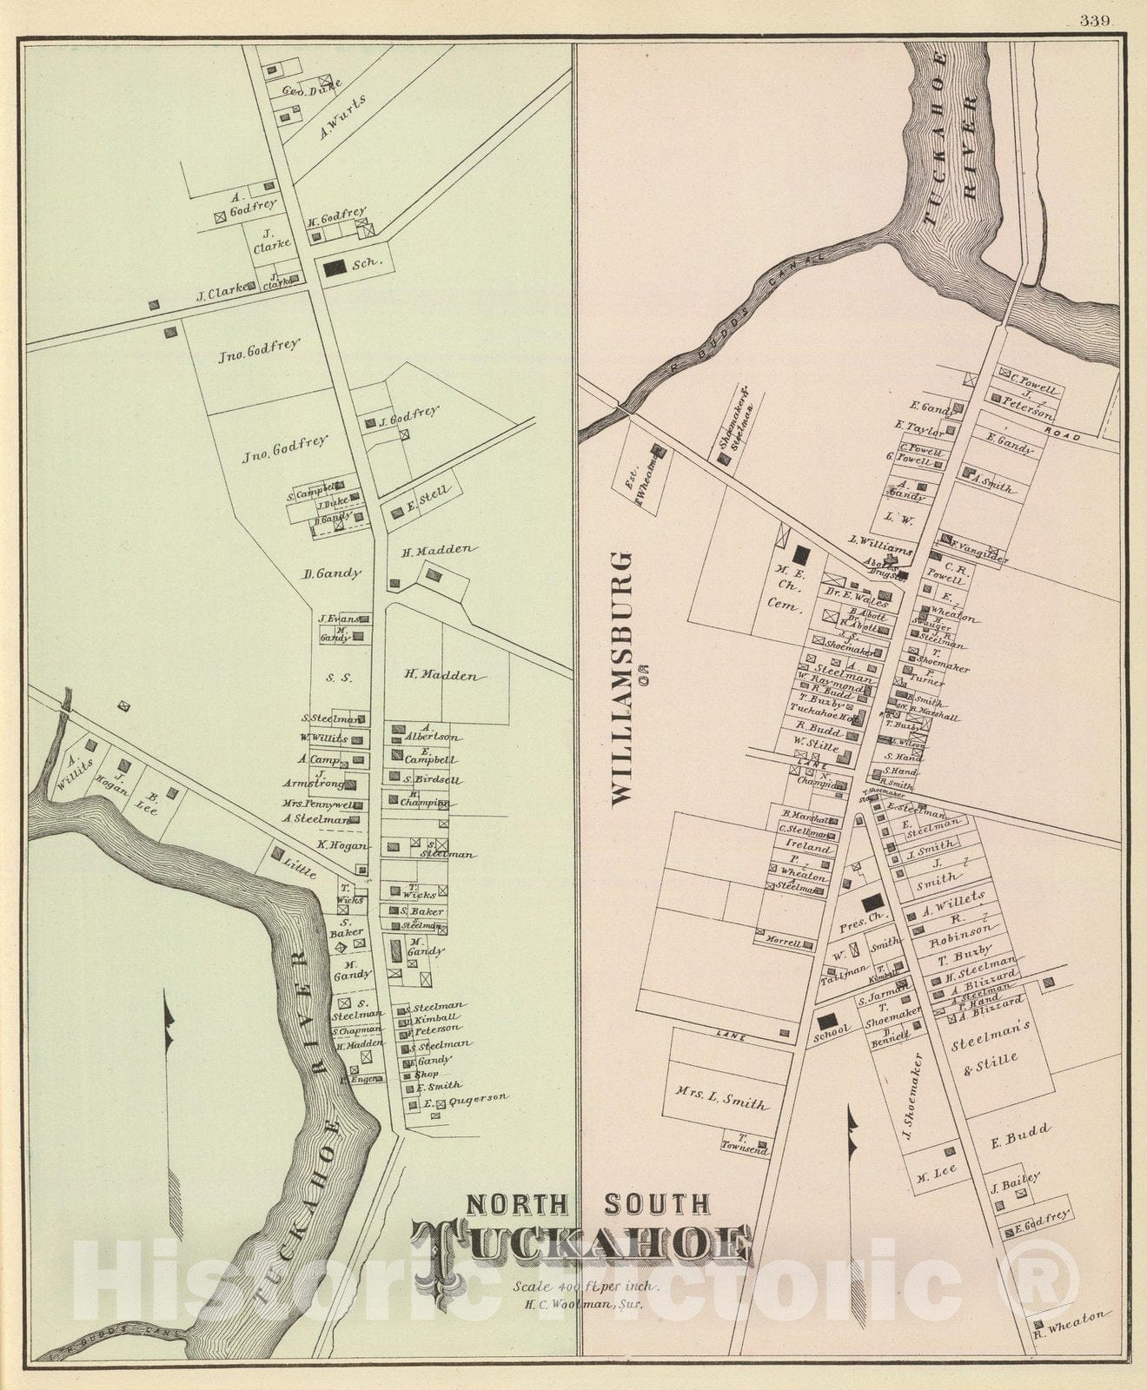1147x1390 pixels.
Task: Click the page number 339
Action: click(x=1096, y=22)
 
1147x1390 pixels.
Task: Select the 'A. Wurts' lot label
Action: click(x=342, y=117)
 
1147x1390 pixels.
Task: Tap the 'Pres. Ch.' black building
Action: click(x=872, y=902)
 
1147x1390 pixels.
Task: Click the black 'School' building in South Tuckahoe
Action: click(x=827, y=1020)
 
